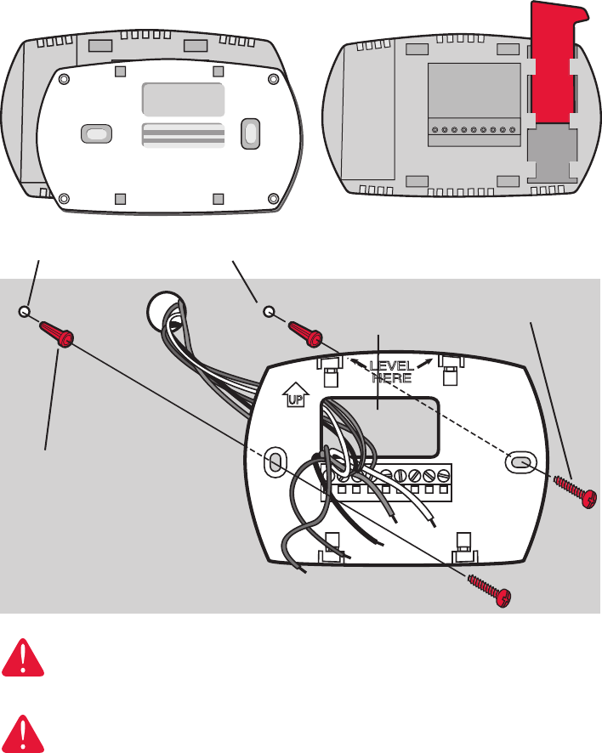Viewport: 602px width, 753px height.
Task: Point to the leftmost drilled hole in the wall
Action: pyautogui.click(x=26, y=312)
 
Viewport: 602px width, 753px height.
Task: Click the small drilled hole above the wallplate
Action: pyautogui.click(x=268, y=312)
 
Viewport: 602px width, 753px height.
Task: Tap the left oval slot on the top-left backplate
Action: pyautogui.click(x=97, y=134)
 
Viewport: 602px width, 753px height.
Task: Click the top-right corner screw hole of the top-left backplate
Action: pyautogui.click(x=272, y=80)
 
